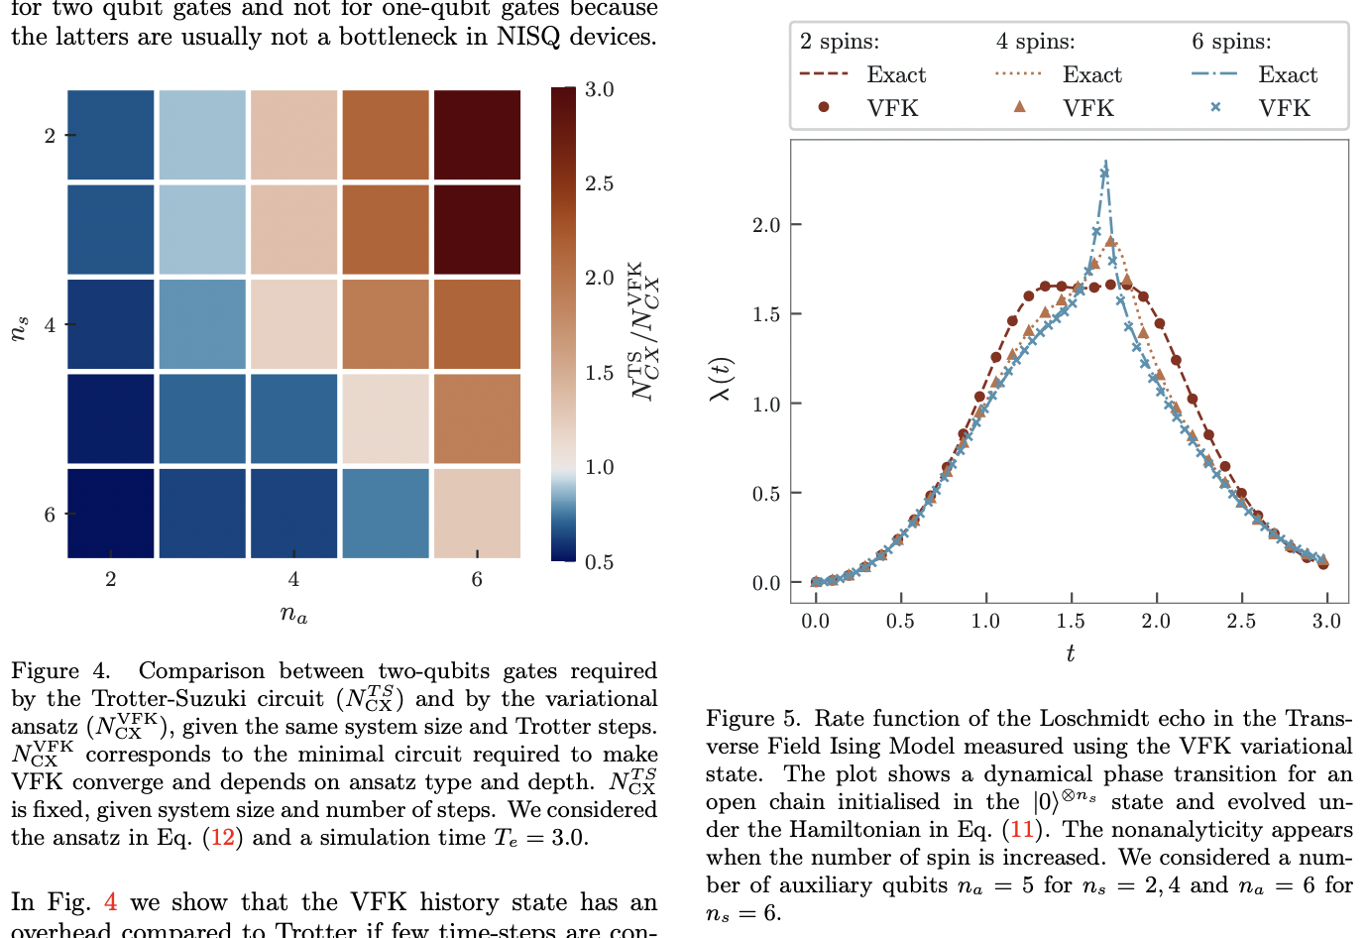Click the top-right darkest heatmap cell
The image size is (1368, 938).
pos(477,135)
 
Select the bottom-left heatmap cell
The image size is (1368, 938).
pos(110,513)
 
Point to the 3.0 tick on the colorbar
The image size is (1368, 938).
pos(599,89)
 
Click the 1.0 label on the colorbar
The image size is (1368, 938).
pos(599,467)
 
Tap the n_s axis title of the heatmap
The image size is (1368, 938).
pos(19,328)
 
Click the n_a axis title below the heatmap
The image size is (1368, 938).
pos(293,615)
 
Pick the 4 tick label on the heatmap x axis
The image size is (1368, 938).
pos(293,579)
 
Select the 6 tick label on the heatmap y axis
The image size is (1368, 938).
pos(50,514)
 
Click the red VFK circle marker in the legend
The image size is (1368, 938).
pos(823,107)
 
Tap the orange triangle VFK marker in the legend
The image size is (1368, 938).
pos(1019,107)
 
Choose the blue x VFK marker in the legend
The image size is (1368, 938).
pos(1215,107)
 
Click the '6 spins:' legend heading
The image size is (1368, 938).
pos(1231,42)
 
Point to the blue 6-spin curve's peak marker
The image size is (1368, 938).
pos(1104,173)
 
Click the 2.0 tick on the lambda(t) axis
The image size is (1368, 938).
pos(766,225)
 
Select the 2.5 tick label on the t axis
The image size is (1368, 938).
pos(1241,621)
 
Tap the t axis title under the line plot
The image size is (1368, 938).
pos(1070,652)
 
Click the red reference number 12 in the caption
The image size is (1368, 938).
pos(223,838)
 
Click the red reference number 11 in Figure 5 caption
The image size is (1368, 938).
pos(1021,830)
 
